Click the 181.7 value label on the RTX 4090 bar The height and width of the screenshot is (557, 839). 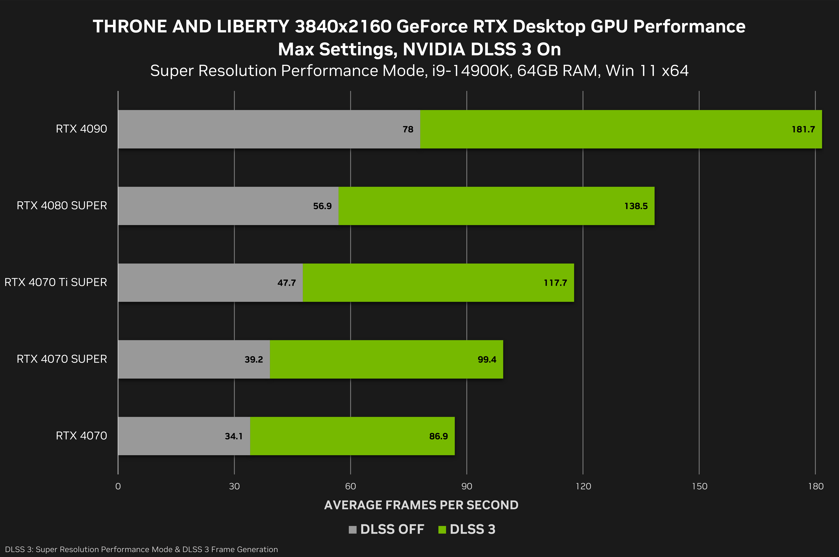click(803, 129)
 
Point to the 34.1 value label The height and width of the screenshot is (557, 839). click(234, 436)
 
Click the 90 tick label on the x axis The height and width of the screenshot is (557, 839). click(467, 486)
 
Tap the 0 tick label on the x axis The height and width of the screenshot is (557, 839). click(118, 486)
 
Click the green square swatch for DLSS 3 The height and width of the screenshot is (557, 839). click(442, 530)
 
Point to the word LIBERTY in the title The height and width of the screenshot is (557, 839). click(253, 27)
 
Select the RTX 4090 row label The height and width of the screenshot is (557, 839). click(81, 129)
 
